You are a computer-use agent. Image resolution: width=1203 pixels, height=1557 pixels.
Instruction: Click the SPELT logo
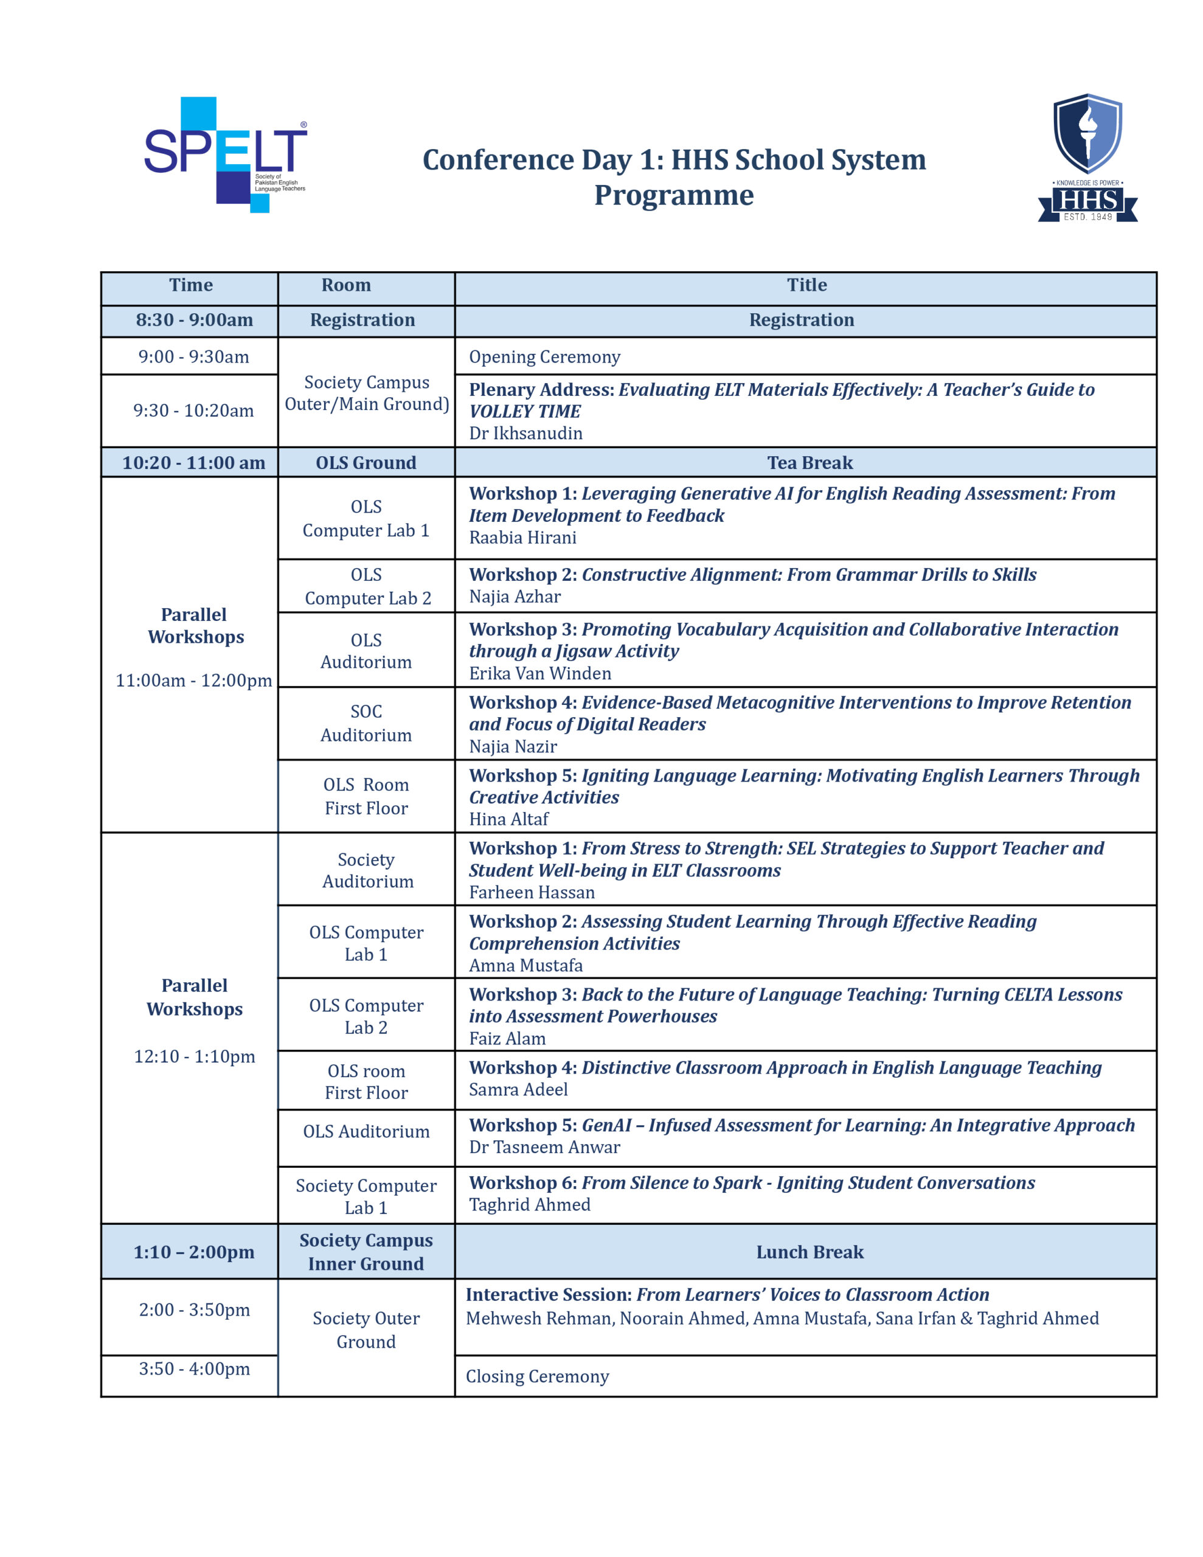[x=226, y=154]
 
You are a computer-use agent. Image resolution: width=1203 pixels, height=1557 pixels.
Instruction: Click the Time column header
[x=190, y=285]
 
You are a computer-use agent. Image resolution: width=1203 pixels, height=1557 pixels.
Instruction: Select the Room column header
[x=346, y=285]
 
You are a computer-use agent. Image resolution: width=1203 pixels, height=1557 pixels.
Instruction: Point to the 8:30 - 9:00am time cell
[x=194, y=320]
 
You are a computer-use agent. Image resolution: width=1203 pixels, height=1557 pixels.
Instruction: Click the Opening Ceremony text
[x=544, y=356]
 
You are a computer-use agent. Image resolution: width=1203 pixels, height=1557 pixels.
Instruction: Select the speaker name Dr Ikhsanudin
[x=525, y=433]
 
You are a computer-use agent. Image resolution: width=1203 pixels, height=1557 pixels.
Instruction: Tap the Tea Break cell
[x=810, y=463]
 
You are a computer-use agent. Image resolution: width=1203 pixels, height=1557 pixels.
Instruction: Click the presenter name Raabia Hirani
[x=522, y=538]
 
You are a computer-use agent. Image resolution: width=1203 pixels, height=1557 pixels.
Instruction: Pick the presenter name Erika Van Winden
[x=540, y=673]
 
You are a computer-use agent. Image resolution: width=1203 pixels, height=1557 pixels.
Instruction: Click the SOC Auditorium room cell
[x=366, y=723]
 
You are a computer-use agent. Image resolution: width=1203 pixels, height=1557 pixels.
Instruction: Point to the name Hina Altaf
[x=508, y=819]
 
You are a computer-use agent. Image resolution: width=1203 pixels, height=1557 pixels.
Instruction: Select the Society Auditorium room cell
[x=366, y=870]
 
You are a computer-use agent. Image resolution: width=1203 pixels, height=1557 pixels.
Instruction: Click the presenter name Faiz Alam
[x=507, y=1039]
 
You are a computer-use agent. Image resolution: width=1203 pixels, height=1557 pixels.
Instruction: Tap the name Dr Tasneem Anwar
[x=544, y=1147]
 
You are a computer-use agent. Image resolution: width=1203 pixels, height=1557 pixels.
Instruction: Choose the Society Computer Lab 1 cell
[x=366, y=1196]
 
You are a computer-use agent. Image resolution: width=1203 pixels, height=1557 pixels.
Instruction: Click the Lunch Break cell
[x=810, y=1252]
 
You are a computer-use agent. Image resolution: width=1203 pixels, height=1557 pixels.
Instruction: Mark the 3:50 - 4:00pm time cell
[x=194, y=1369]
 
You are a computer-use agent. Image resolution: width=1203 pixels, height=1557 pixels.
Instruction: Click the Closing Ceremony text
[x=537, y=1376]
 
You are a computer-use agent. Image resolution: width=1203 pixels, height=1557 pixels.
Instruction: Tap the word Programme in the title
[x=674, y=195]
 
